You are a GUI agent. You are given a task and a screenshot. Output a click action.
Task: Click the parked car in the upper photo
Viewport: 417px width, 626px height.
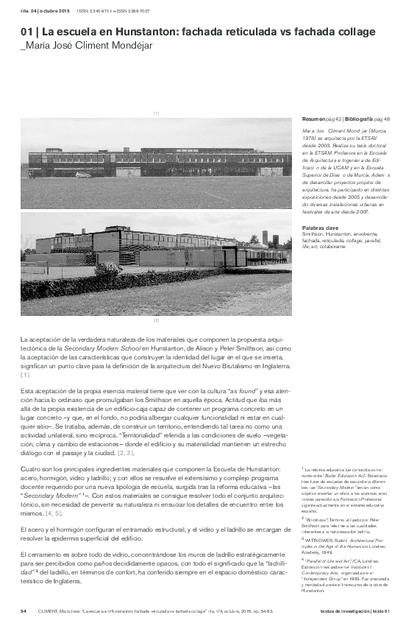[83, 175]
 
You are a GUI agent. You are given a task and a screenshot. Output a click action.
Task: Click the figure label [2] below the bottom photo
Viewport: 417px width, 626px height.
[156, 321]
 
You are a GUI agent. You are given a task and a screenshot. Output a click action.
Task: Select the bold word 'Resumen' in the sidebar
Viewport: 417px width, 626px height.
[314, 119]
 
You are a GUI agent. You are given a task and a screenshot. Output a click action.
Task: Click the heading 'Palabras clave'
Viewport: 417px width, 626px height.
[321, 228]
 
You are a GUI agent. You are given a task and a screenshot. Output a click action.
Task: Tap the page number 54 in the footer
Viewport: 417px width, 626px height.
[24, 611]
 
